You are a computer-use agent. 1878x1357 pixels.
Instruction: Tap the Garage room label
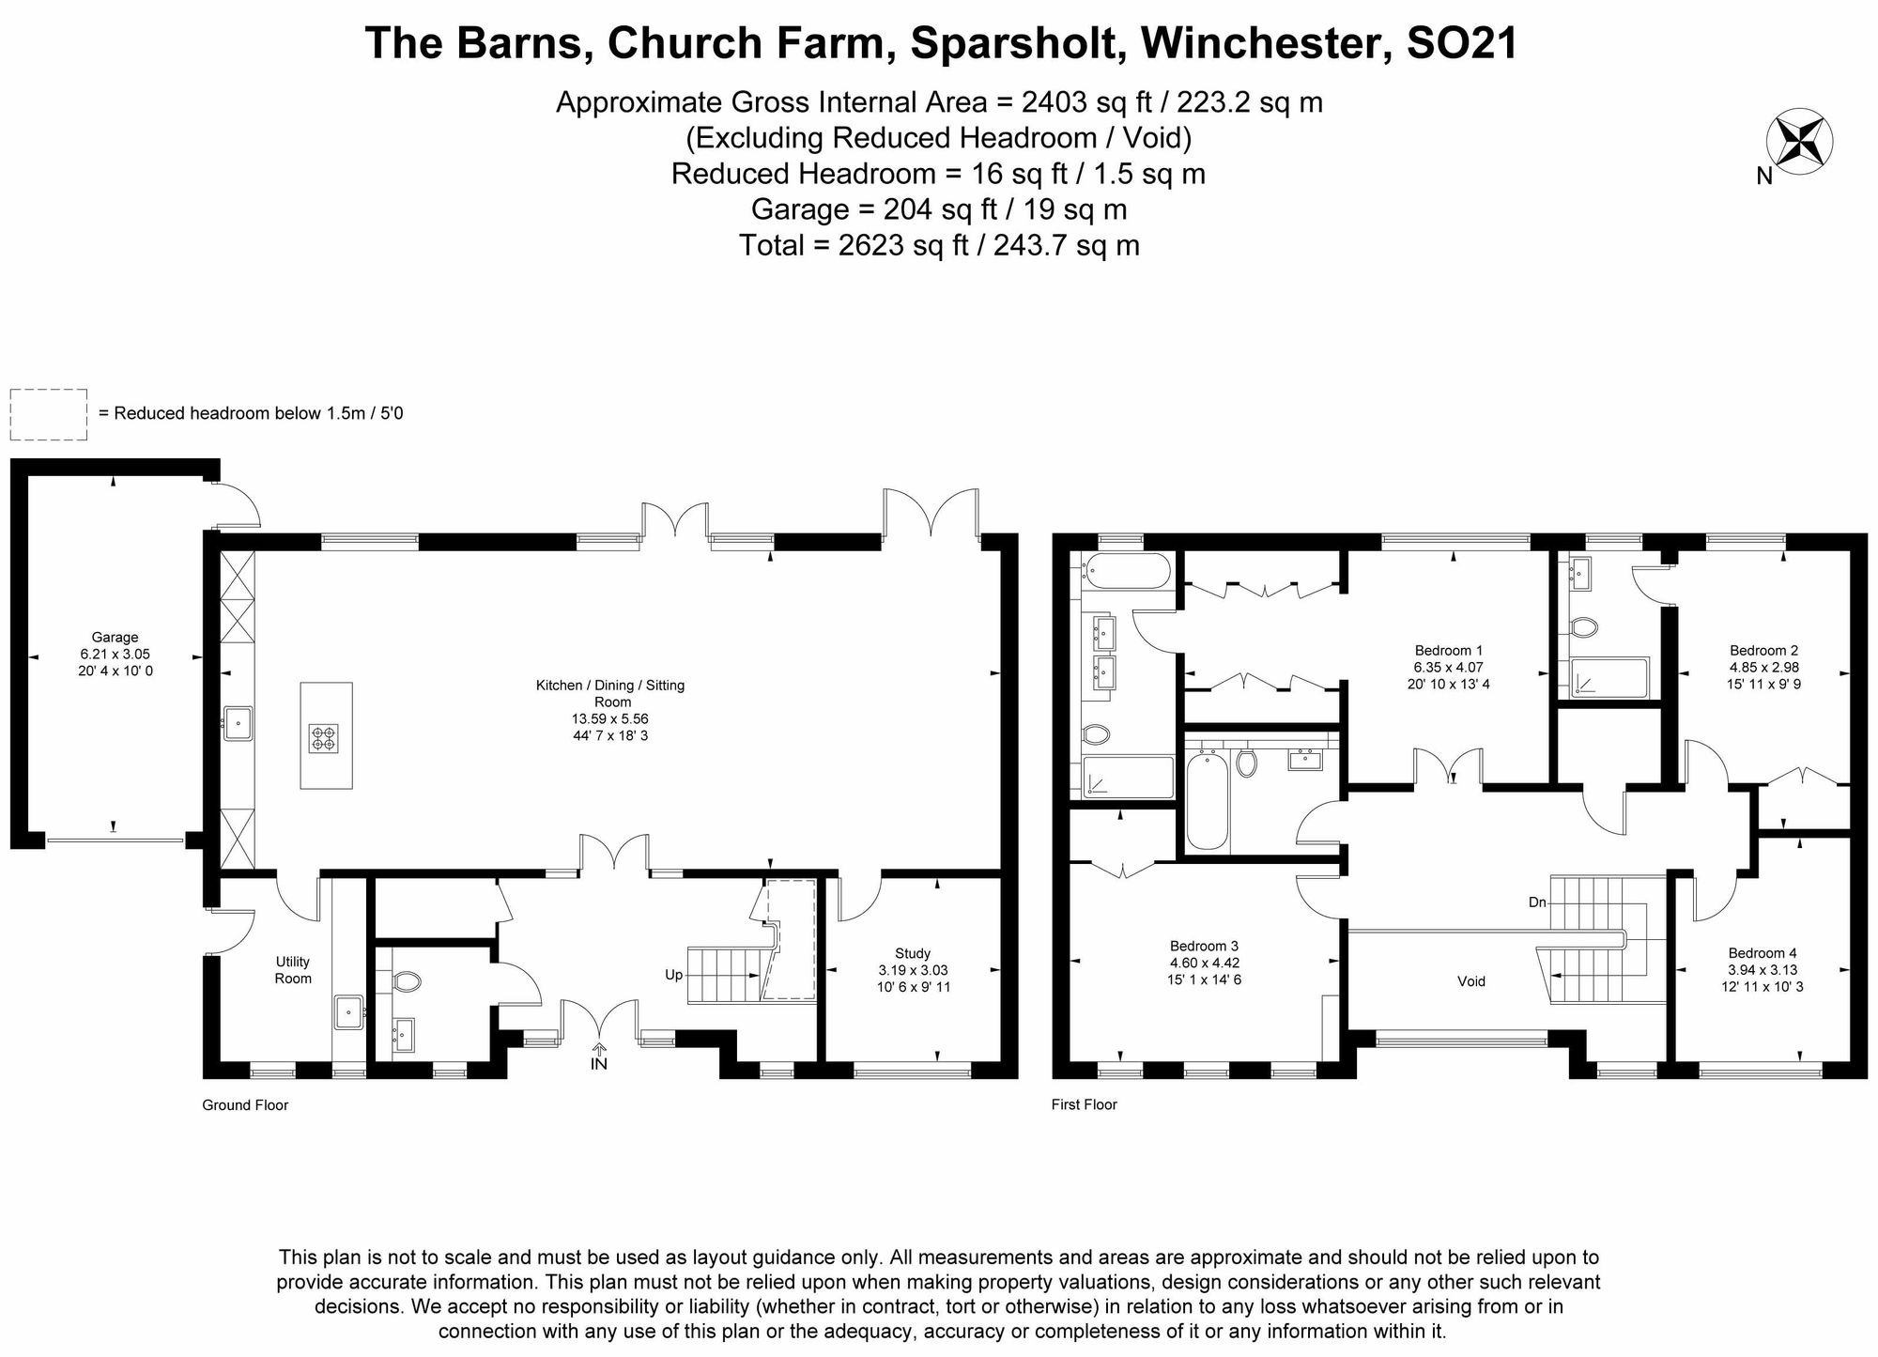[x=115, y=638]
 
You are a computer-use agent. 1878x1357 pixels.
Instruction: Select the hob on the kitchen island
[x=323, y=738]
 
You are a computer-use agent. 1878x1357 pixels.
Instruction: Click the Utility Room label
[x=293, y=970]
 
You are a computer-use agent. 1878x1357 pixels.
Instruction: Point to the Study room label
[x=913, y=953]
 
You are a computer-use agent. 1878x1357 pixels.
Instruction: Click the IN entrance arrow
[x=599, y=1056]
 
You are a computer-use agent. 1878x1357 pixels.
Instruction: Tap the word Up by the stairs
[x=673, y=975]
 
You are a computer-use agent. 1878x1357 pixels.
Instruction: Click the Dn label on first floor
[x=1537, y=902]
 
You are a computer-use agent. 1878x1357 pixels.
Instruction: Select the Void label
[x=1471, y=981]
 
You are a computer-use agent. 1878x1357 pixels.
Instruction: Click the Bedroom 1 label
[x=1448, y=651]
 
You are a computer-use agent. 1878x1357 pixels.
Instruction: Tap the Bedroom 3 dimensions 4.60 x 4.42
[x=1205, y=963]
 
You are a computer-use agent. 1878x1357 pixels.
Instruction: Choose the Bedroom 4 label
[x=1762, y=953]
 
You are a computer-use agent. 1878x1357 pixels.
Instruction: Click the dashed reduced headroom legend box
[x=49, y=414]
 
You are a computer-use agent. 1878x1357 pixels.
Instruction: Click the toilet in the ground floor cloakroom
[x=408, y=982]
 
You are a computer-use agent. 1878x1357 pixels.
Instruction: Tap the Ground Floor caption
[x=245, y=1105]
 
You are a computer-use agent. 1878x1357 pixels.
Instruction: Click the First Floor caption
[x=1084, y=1105]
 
